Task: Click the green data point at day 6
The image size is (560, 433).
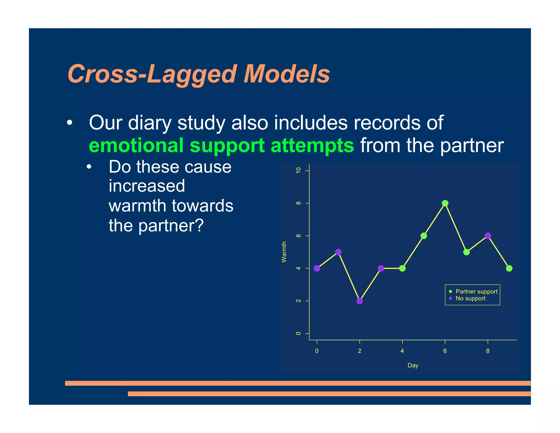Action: click(445, 203)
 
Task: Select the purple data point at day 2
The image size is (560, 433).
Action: click(360, 301)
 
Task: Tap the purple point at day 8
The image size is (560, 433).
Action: click(488, 236)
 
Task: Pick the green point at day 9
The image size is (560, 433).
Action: click(509, 268)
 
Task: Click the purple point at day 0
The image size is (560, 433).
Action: click(317, 268)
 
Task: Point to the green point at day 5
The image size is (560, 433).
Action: click(424, 236)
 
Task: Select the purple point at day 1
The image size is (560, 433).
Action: click(338, 252)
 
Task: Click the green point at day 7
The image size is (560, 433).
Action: click(466, 252)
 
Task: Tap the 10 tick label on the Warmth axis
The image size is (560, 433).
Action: click(298, 170)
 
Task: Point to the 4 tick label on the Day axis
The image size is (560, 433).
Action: click(402, 351)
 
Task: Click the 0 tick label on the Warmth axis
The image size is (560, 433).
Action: click(298, 333)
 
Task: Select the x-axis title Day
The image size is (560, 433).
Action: click(413, 365)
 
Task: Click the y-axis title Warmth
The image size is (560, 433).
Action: click(284, 252)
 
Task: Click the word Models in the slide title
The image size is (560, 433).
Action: click(287, 74)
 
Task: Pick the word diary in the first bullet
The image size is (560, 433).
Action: click(149, 123)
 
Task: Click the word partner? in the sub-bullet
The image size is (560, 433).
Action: click(171, 226)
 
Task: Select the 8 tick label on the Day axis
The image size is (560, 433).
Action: click(488, 351)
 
